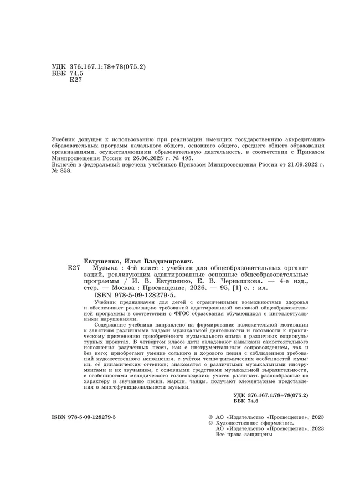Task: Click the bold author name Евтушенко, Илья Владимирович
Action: (x=138, y=260)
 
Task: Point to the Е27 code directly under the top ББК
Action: (x=74, y=80)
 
